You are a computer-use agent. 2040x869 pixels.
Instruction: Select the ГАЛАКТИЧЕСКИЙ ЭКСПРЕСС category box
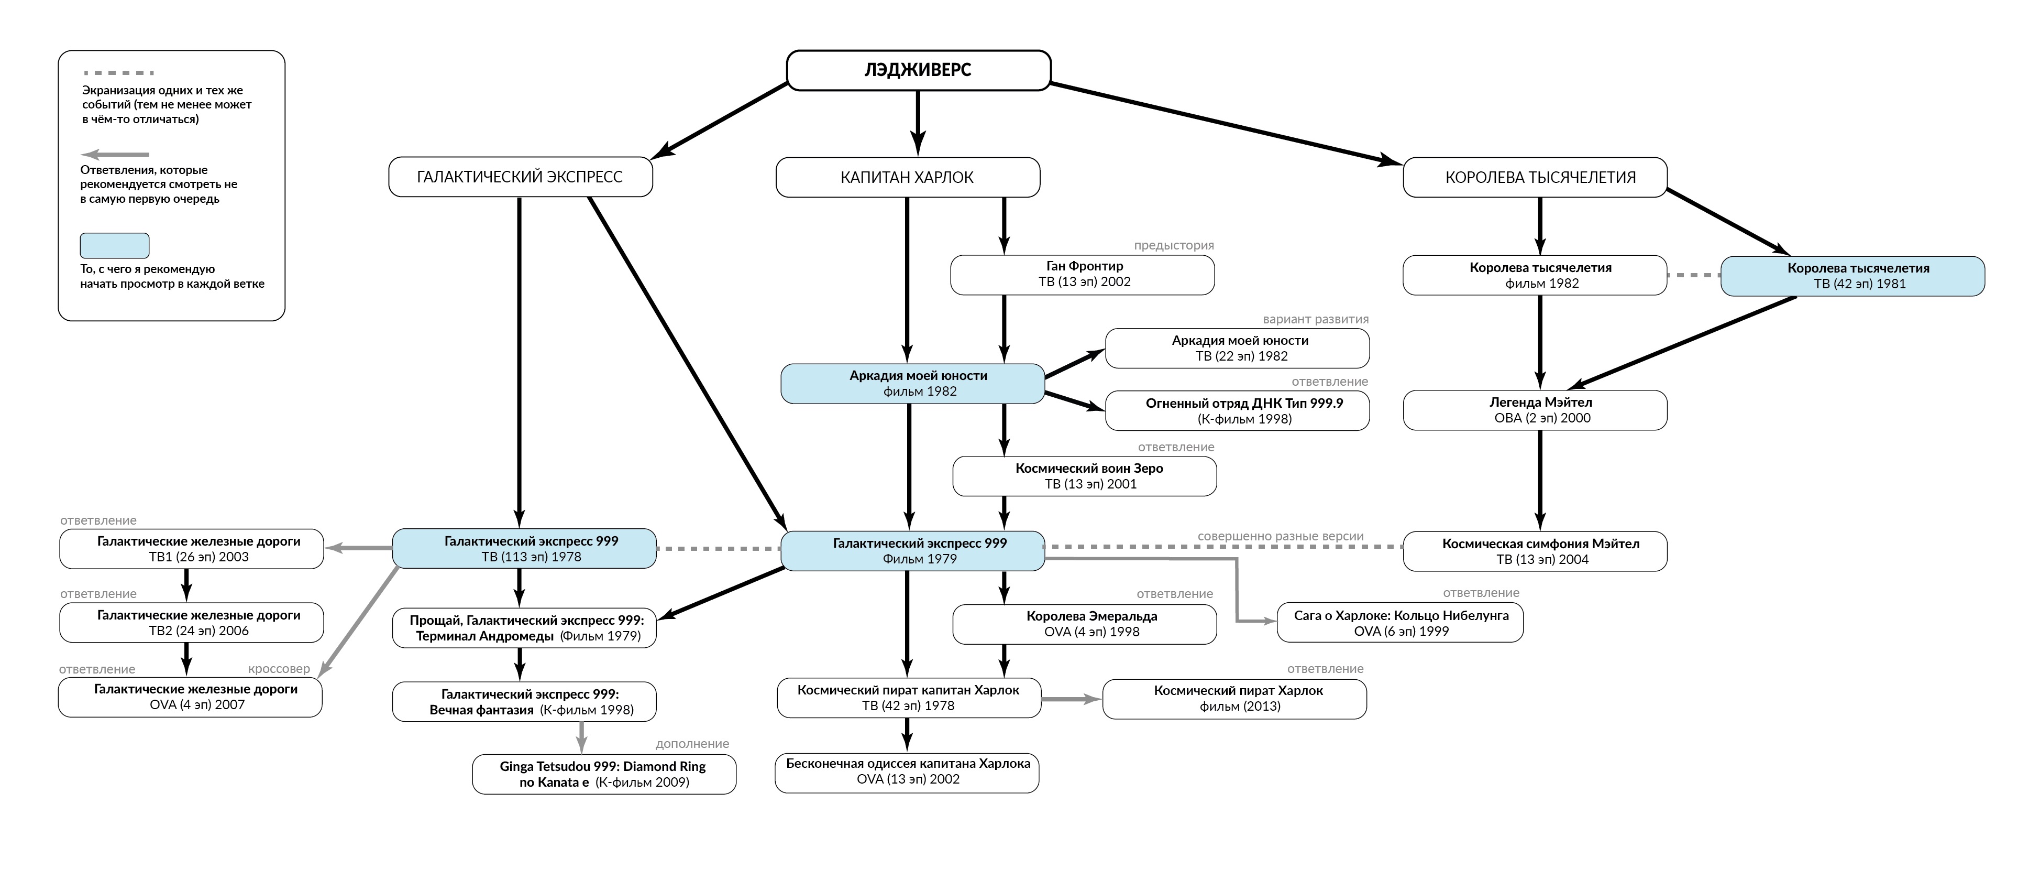(x=520, y=177)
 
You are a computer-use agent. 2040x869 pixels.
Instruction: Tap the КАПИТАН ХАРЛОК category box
(x=908, y=177)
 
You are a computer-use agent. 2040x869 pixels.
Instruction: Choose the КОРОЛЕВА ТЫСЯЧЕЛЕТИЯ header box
(x=1535, y=177)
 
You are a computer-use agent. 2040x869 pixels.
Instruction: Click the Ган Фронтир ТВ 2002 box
(x=1083, y=275)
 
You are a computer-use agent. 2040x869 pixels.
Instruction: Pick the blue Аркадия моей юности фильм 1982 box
(x=913, y=384)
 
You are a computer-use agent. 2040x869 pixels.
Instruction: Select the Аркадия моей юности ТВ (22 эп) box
(x=1237, y=349)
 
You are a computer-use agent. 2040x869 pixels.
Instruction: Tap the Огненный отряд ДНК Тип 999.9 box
(x=1237, y=411)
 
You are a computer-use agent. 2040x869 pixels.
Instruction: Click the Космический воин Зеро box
(x=1084, y=476)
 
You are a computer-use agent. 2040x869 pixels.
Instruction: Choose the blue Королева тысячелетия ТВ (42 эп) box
(x=1852, y=276)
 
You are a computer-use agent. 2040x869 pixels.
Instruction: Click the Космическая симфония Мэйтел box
(x=1535, y=551)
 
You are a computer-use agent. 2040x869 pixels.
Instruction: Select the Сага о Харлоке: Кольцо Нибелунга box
(x=1400, y=623)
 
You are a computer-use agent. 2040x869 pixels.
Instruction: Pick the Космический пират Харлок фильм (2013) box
(x=1234, y=699)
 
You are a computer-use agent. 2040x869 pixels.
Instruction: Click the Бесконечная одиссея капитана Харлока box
(x=907, y=773)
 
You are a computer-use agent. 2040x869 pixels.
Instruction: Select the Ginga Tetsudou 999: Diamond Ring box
(x=604, y=774)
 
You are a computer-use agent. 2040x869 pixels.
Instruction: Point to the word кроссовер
(x=279, y=669)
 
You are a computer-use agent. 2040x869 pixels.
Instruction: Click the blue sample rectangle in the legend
(x=115, y=246)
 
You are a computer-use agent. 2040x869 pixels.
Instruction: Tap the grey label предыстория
(x=1174, y=246)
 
